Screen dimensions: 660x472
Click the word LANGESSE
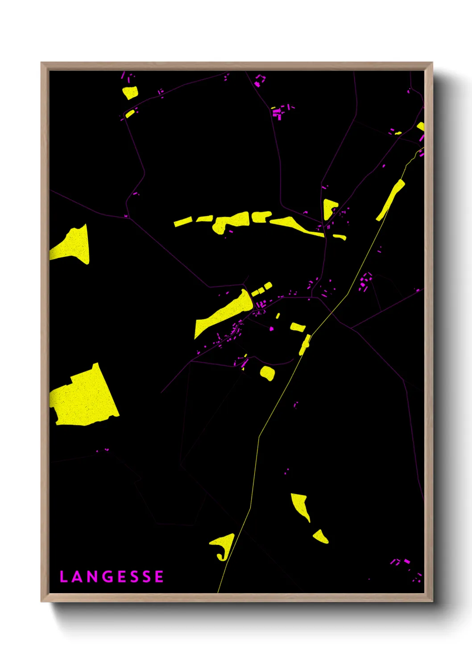tap(112, 577)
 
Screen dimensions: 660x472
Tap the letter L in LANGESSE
tap(63, 577)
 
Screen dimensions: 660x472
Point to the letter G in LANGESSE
tap(108, 577)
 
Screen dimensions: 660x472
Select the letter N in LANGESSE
tap(92, 577)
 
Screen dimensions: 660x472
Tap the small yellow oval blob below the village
tap(267, 373)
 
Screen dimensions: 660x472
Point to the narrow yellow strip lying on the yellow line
tap(305, 344)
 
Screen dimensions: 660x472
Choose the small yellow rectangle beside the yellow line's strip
tap(298, 327)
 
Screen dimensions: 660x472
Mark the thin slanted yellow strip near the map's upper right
tap(390, 200)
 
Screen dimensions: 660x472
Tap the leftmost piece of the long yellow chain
tap(182, 222)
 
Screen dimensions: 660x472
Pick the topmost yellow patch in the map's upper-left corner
tap(130, 93)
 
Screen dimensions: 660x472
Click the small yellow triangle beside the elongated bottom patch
tap(321, 536)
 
